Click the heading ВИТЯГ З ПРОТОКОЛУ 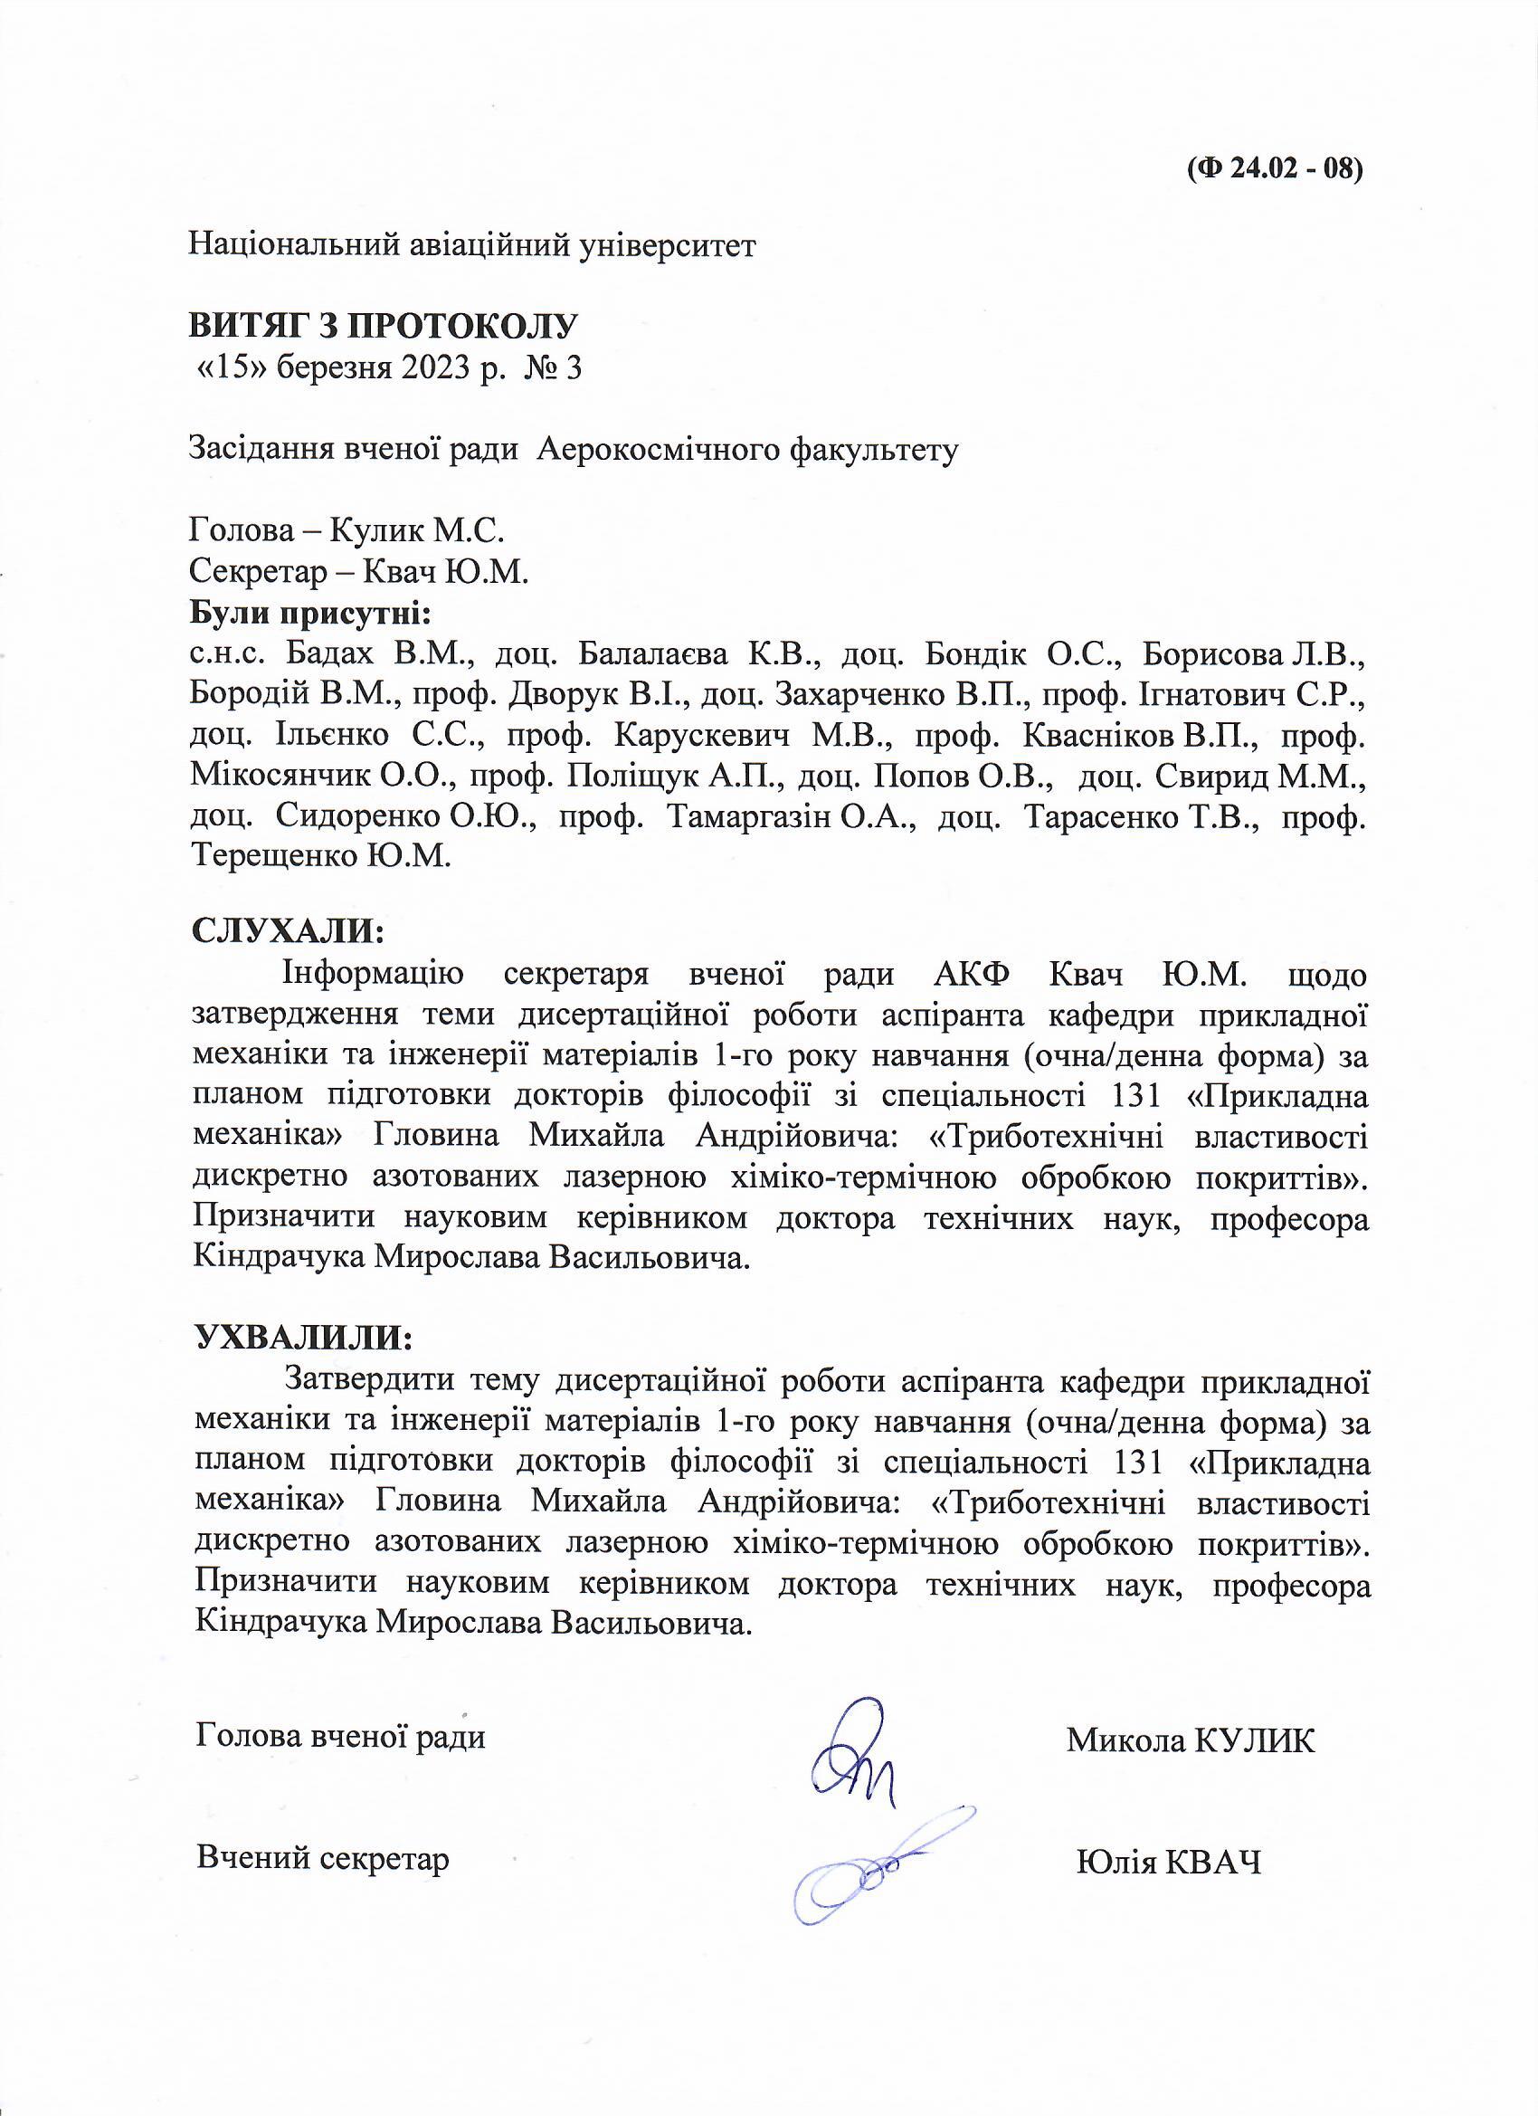point(384,326)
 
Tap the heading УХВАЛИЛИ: point(302,1336)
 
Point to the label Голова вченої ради point(341,1736)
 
